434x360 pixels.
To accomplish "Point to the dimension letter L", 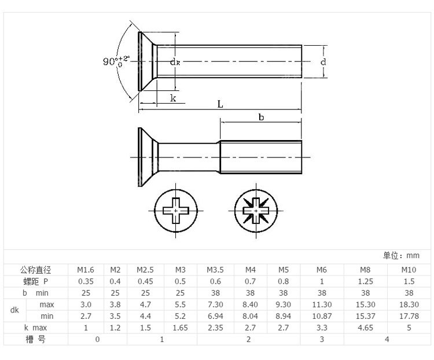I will [220, 104].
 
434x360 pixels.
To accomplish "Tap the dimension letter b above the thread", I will [261, 117].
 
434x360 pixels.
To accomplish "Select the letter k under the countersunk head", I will [173, 98].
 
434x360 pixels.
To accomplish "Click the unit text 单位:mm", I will [401, 255].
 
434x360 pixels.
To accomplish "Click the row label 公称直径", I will [36, 270].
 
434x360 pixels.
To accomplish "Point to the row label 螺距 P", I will [36, 281].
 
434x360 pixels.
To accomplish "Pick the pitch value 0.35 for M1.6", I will [86, 281].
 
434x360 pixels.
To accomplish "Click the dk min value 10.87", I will [322, 316].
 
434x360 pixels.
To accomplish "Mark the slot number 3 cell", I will [322, 339].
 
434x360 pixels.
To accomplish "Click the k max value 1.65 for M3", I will [181, 328].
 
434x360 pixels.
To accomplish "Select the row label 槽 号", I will [36, 339].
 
